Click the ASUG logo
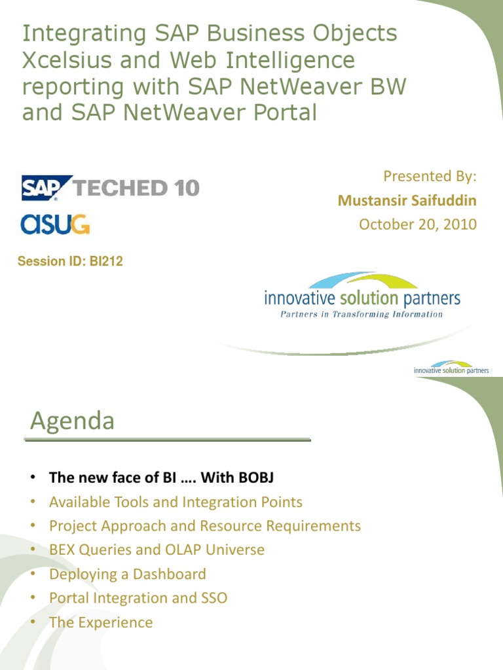[55, 224]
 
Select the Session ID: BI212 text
[70, 262]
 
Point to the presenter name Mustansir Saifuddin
[407, 200]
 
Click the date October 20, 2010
[417, 224]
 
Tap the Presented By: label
[430, 176]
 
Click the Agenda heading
[72, 421]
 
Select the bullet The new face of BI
[161, 478]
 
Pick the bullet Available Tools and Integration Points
[176, 502]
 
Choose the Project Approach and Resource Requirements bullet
[204, 525]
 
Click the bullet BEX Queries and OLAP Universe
[157, 550]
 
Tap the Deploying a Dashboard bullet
[127, 574]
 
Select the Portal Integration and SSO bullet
[138, 598]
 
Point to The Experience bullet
[100, 622]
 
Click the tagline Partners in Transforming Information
[362, 314]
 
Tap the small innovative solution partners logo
[451, 368]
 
